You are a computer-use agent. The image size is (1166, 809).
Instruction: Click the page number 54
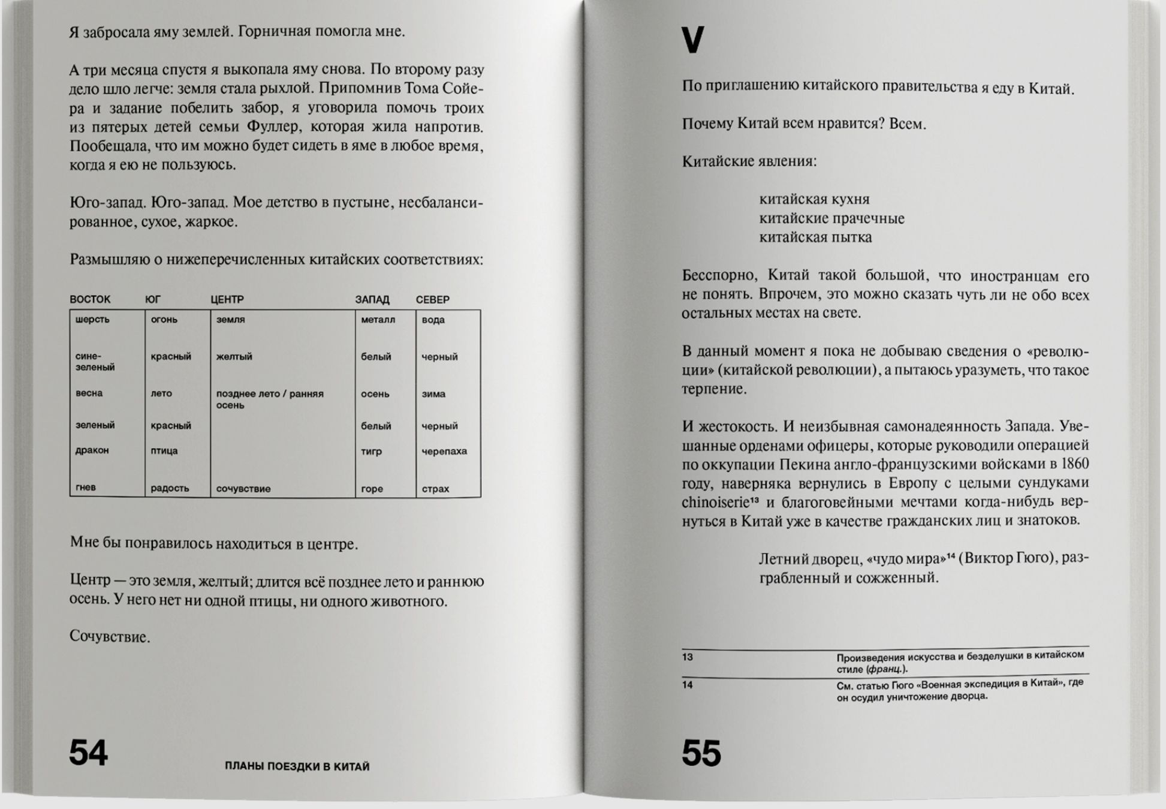pos(88,753)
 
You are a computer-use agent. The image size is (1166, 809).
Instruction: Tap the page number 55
pos(701,753)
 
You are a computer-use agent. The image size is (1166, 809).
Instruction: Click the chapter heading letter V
pos(692,40)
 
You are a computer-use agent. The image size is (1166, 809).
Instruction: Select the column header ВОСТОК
pos(90,299)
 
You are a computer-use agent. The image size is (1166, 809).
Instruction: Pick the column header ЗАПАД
pos(372,299)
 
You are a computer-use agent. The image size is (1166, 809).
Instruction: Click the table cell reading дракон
pos(92,450)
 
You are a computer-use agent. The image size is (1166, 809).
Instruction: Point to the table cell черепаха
pos(444,451)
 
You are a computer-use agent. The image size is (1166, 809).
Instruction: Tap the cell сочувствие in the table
pos(243,489)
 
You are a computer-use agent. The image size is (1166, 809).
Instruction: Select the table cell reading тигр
pos(371,451)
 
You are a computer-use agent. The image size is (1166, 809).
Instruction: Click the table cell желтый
pos(234,357)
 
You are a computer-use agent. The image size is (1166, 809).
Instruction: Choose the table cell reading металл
pos(378,320)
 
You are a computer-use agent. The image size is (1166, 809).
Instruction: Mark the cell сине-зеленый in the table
pos(95,362)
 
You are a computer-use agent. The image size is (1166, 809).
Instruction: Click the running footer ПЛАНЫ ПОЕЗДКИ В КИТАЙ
pos(297,766)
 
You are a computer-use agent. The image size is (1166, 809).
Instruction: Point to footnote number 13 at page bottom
pos(687,657)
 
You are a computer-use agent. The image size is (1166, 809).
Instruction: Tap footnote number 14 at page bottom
pos(687,685)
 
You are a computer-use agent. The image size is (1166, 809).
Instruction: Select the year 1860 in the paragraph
pos(1074,464)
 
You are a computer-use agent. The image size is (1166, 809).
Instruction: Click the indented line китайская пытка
pos(815,237)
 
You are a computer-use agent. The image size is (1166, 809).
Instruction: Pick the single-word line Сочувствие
pos(109,637)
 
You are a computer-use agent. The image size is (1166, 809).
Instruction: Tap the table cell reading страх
pos(435,489)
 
